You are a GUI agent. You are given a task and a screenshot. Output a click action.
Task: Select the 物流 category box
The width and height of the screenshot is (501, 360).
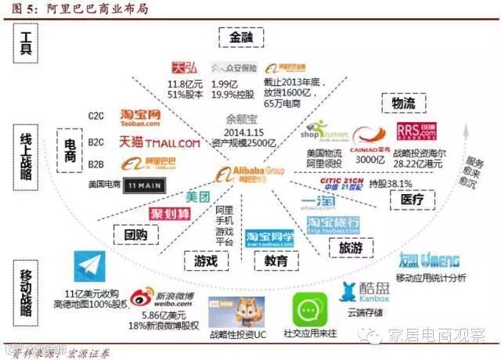point(398,105)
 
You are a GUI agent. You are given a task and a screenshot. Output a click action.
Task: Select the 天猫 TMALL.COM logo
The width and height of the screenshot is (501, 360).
point(159,142)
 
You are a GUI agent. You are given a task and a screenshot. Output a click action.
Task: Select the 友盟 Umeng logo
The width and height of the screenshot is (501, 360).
point(428,261)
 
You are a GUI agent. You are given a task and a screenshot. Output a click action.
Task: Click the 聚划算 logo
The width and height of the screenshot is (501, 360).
point(171,214)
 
